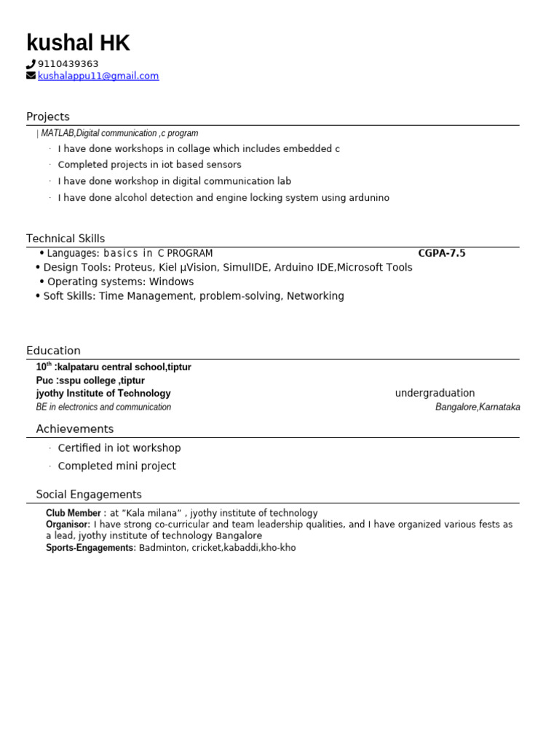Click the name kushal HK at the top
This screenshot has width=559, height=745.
pyautogui.click(x=78, y=44)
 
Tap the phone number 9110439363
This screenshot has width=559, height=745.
pyautogui.click(x=68, y=64)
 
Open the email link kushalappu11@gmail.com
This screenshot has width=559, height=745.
pyautogui.click(x=98, y=76)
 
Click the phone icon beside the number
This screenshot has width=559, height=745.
pyautogui.click(x=31, y=64)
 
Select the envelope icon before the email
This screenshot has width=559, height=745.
pyautogui.click(x=31, y=76)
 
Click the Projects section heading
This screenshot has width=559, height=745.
pyautogui.click(x=48, y=116)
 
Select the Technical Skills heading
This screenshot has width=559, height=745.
pyautogui.click(x=66, y=239)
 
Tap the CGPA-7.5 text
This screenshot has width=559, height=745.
pyautogui.click(x=441, y=253)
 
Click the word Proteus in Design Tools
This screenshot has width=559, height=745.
pyautogui.click(x=133, y=268)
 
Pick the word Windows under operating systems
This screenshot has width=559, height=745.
pyautogui.click(x=172, y=282)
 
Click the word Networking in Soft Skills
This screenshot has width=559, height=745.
pyautogui.click(x=315, y=296)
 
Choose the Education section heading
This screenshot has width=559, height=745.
pyautogui.click(x=53, y=351)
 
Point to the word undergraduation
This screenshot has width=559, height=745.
pyautogui.click(x=435, y=394)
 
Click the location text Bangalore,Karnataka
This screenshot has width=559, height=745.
pyautogui.click(x=477, y=407)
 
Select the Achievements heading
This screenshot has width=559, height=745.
pyautogui.click(x=75, y=429)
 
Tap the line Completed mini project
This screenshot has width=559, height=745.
pyautogui.click(x=116, y=466)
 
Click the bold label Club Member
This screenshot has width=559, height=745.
pyautogui.click(x=74, y=514)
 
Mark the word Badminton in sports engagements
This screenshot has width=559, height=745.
pyautogui.click(x=164, y=548)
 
